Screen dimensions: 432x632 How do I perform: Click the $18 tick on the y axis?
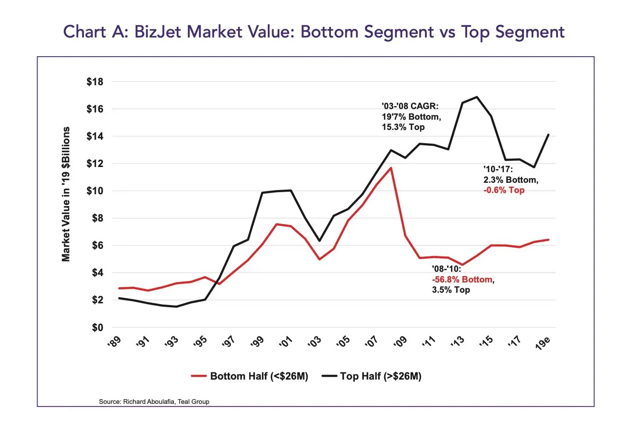95,82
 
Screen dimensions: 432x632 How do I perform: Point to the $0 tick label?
98,328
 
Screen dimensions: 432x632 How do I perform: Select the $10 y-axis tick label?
95,191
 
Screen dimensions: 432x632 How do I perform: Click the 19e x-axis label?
543,343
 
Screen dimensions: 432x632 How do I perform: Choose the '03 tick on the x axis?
315,342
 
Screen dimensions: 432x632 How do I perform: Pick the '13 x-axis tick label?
457,342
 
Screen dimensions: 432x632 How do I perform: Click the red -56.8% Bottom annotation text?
462,279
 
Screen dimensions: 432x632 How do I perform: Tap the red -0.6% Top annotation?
504,190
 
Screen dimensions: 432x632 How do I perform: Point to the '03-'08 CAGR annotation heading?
410,106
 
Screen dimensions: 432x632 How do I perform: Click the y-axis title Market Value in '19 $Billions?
66,194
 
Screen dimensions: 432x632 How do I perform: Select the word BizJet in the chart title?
159,32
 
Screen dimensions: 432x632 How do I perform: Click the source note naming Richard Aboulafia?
154,401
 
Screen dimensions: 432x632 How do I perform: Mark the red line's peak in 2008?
391,168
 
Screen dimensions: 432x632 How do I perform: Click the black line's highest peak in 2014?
477,97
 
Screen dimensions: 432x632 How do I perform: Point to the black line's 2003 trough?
319,241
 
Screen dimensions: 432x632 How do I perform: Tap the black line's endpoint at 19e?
548,135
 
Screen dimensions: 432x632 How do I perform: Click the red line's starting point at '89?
119,288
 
